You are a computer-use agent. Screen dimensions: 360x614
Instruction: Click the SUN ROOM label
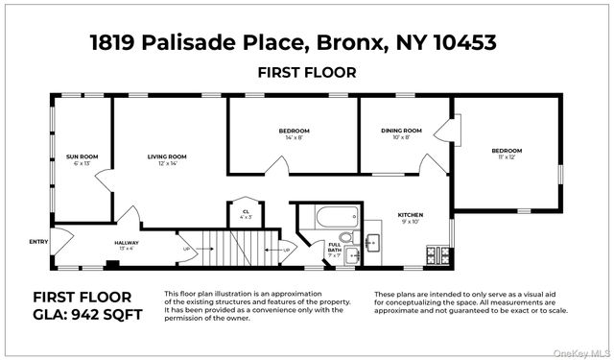point(82,156)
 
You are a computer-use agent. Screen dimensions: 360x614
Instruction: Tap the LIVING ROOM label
point(166,156)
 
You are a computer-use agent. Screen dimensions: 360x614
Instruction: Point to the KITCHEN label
point(411,214)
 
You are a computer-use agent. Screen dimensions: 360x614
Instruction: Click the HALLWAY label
point(127,243)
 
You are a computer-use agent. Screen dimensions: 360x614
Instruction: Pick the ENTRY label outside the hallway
point(38,242)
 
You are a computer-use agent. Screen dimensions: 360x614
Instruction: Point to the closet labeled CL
point(246,214)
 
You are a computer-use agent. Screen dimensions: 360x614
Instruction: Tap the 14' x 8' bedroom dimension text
point(294,138)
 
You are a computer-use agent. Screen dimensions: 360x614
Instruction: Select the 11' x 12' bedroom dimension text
point(507,158)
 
